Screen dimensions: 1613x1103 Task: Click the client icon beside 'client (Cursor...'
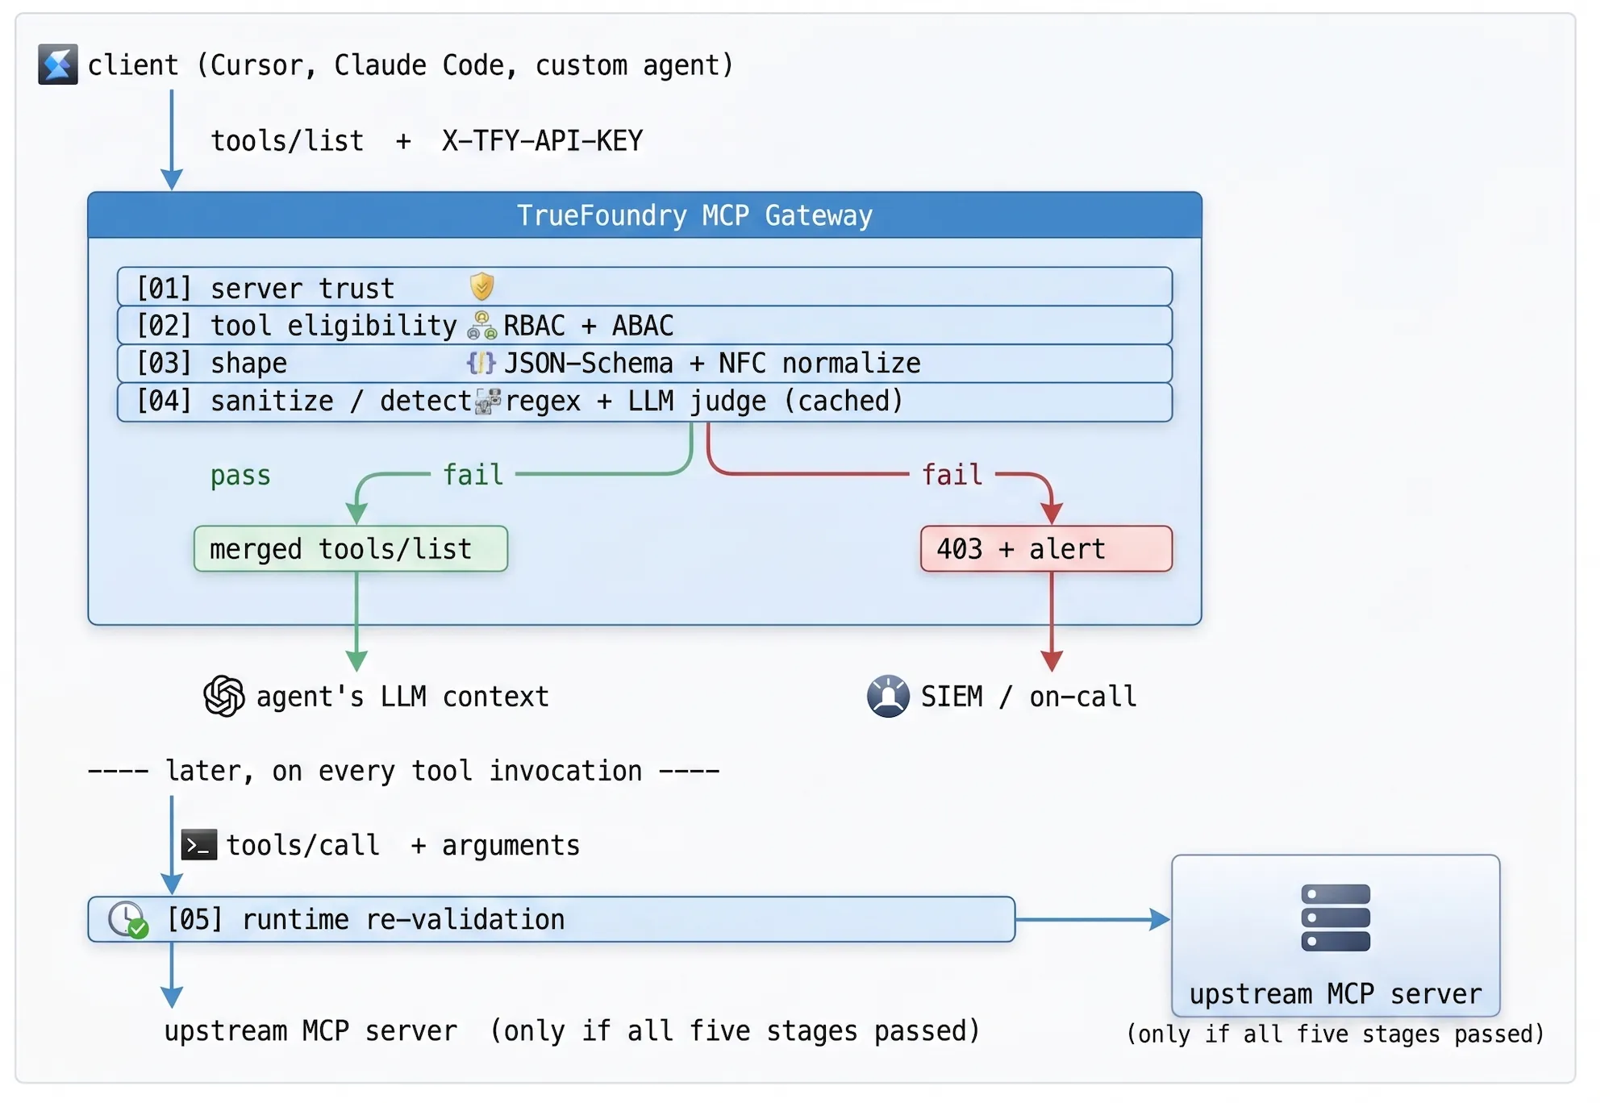click(58, 65)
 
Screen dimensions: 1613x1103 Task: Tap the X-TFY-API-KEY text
click(542, 141)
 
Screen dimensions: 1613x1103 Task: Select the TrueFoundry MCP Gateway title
click(694, 215)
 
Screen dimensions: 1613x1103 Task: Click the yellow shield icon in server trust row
click(481, 286)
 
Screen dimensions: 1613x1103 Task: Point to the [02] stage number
click(165, 326)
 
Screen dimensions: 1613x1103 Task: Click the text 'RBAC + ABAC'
click(588, 326)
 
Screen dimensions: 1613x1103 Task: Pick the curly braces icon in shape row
click(481, 363)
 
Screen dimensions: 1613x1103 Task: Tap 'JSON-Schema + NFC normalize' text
click(712, 364)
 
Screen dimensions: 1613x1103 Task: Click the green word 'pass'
click(240, 476)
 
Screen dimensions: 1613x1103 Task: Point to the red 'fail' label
click(952, 474)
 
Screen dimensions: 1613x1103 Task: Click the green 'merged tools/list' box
click(351, 549)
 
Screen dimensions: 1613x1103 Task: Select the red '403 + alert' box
click(1046, 549)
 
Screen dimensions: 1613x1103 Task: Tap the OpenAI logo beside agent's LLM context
click(224, 696)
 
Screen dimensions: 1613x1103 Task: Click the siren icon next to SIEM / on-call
click(888, 696)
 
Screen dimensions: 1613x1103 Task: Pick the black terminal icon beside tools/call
click(198, 845)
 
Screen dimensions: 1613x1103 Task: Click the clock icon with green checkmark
click(128, 920)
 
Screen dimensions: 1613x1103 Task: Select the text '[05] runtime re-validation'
click(366, 919)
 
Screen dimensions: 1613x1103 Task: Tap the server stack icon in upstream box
click(1336, 918)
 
